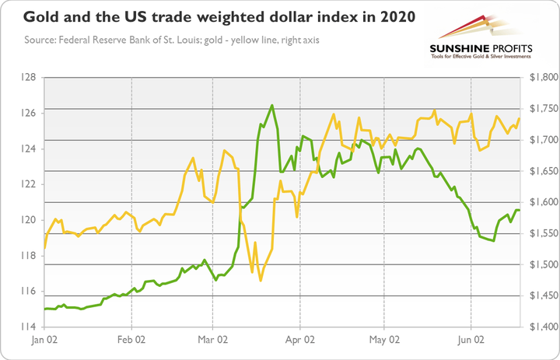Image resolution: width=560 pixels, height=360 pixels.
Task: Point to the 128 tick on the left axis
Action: click(30, 78)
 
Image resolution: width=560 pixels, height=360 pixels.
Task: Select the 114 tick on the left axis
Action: click(30, 327)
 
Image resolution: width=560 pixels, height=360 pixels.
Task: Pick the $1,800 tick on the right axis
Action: click(541, 78)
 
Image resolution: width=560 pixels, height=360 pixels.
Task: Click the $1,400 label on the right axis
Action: click(541, 327)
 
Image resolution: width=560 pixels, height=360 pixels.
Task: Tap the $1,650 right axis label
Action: click(541, 171)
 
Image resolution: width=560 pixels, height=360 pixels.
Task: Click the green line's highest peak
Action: click(271, 105)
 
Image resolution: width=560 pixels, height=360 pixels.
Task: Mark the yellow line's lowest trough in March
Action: click(261, 280)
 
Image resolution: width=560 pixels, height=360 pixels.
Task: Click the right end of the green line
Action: click(520, 210)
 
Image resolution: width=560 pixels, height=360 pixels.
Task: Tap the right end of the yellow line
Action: click(520, 118)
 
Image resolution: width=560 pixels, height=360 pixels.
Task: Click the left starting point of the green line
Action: click(45, 309)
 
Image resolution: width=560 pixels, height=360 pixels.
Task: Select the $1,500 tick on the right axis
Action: click(541, 265)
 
